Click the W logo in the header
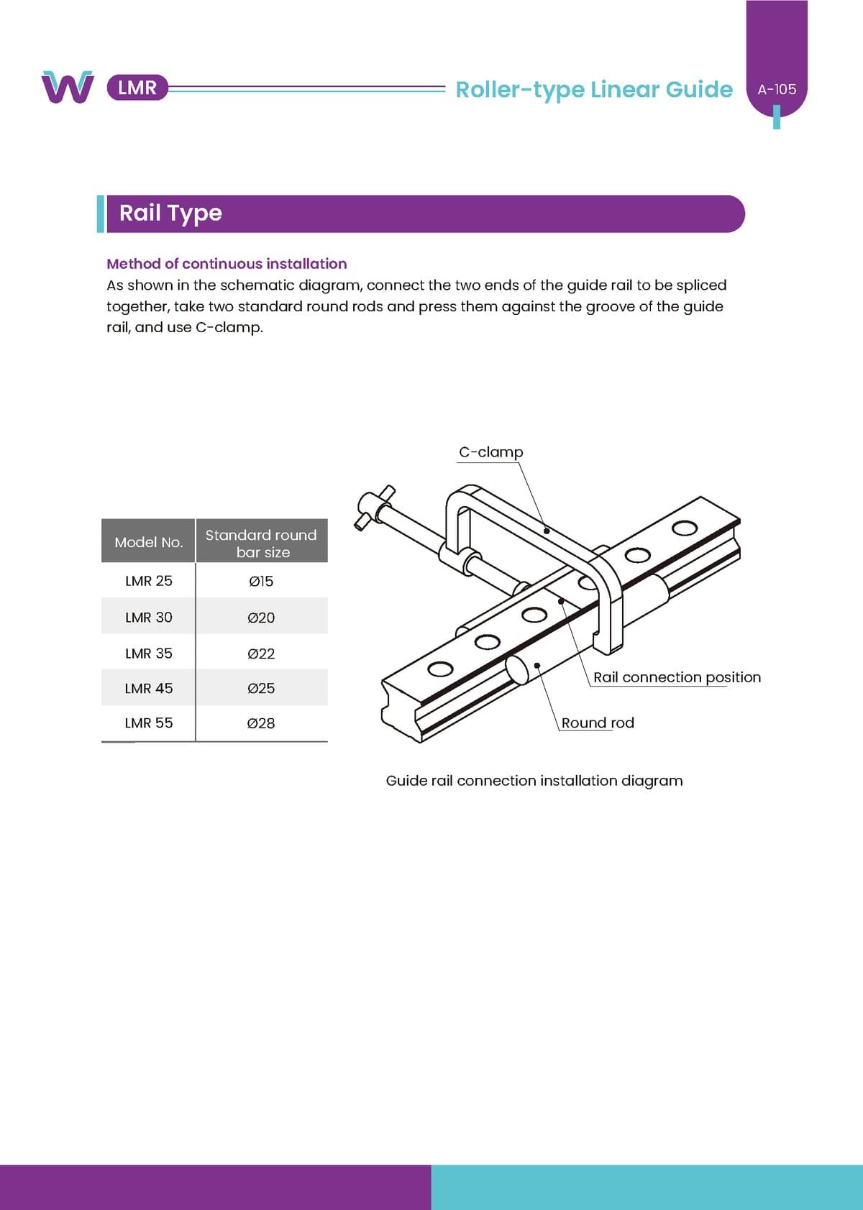point(68,87)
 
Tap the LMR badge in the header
point(137,88)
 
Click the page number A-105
point(777,90)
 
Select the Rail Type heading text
point(170,213)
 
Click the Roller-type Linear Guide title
point(594,89)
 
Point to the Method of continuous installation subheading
point(227,264)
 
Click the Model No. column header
point(149,542)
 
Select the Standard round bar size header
point(261,543)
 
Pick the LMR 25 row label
point(149,581)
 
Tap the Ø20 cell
point(261,618)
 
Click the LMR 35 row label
point(149,654)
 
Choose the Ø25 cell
point(261,688)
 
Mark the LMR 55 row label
point(149,723)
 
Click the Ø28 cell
point(261,723)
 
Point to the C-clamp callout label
point(491,452)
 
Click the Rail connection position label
point(677,677)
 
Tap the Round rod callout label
point(598,723)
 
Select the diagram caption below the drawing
point(534,781)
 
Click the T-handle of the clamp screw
point(374,507)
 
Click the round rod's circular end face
point(517,669)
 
